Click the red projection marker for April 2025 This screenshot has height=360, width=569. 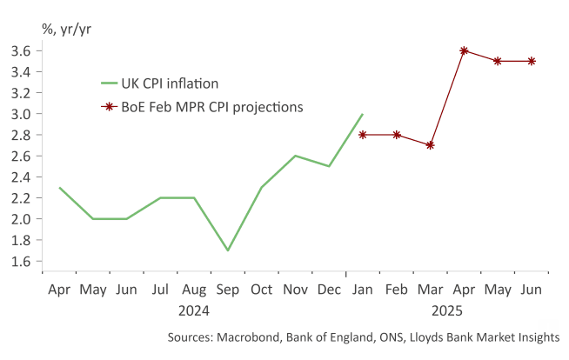[465, 50]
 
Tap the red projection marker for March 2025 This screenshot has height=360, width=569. [431, 145]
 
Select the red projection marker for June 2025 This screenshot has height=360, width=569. [532, 61]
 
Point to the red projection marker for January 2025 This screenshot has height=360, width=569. [363, 135]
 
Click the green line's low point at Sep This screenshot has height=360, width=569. [227, 250]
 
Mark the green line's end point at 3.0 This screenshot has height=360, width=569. [362, 114]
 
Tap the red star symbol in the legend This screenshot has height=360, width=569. [110, 107]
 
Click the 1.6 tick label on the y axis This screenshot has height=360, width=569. [23, 261]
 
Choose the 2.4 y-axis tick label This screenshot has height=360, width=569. [23, 177]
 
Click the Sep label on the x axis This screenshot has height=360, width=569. [227, 290]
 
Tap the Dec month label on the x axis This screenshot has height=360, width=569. [329, 290]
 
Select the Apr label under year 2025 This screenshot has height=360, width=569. [465, 290]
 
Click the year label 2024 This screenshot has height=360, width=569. [194, 309]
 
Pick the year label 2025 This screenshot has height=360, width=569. [448, 309]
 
